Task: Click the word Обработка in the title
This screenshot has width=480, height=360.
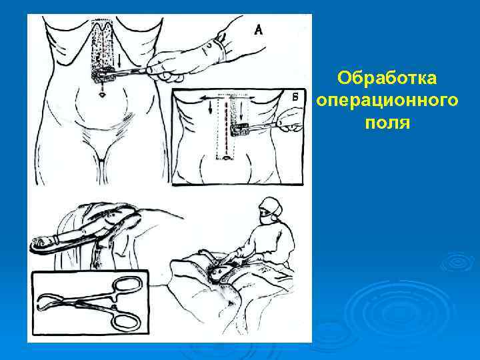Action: [387, 79]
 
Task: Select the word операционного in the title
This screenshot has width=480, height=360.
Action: [387, 101]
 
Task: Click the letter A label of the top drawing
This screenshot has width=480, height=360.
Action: [258, 29]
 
